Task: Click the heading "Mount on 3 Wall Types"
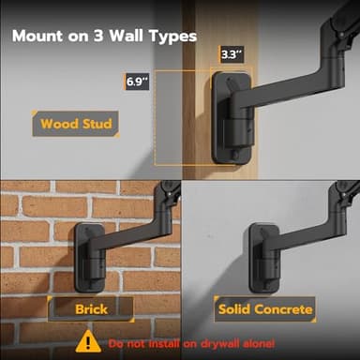click(103, 37)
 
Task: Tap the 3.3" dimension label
click(232, 55)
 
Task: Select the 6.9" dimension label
click(139, 82)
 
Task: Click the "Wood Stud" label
click(75, 124)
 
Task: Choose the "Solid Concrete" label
click(265, 307)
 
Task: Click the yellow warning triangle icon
click(88, 341)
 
